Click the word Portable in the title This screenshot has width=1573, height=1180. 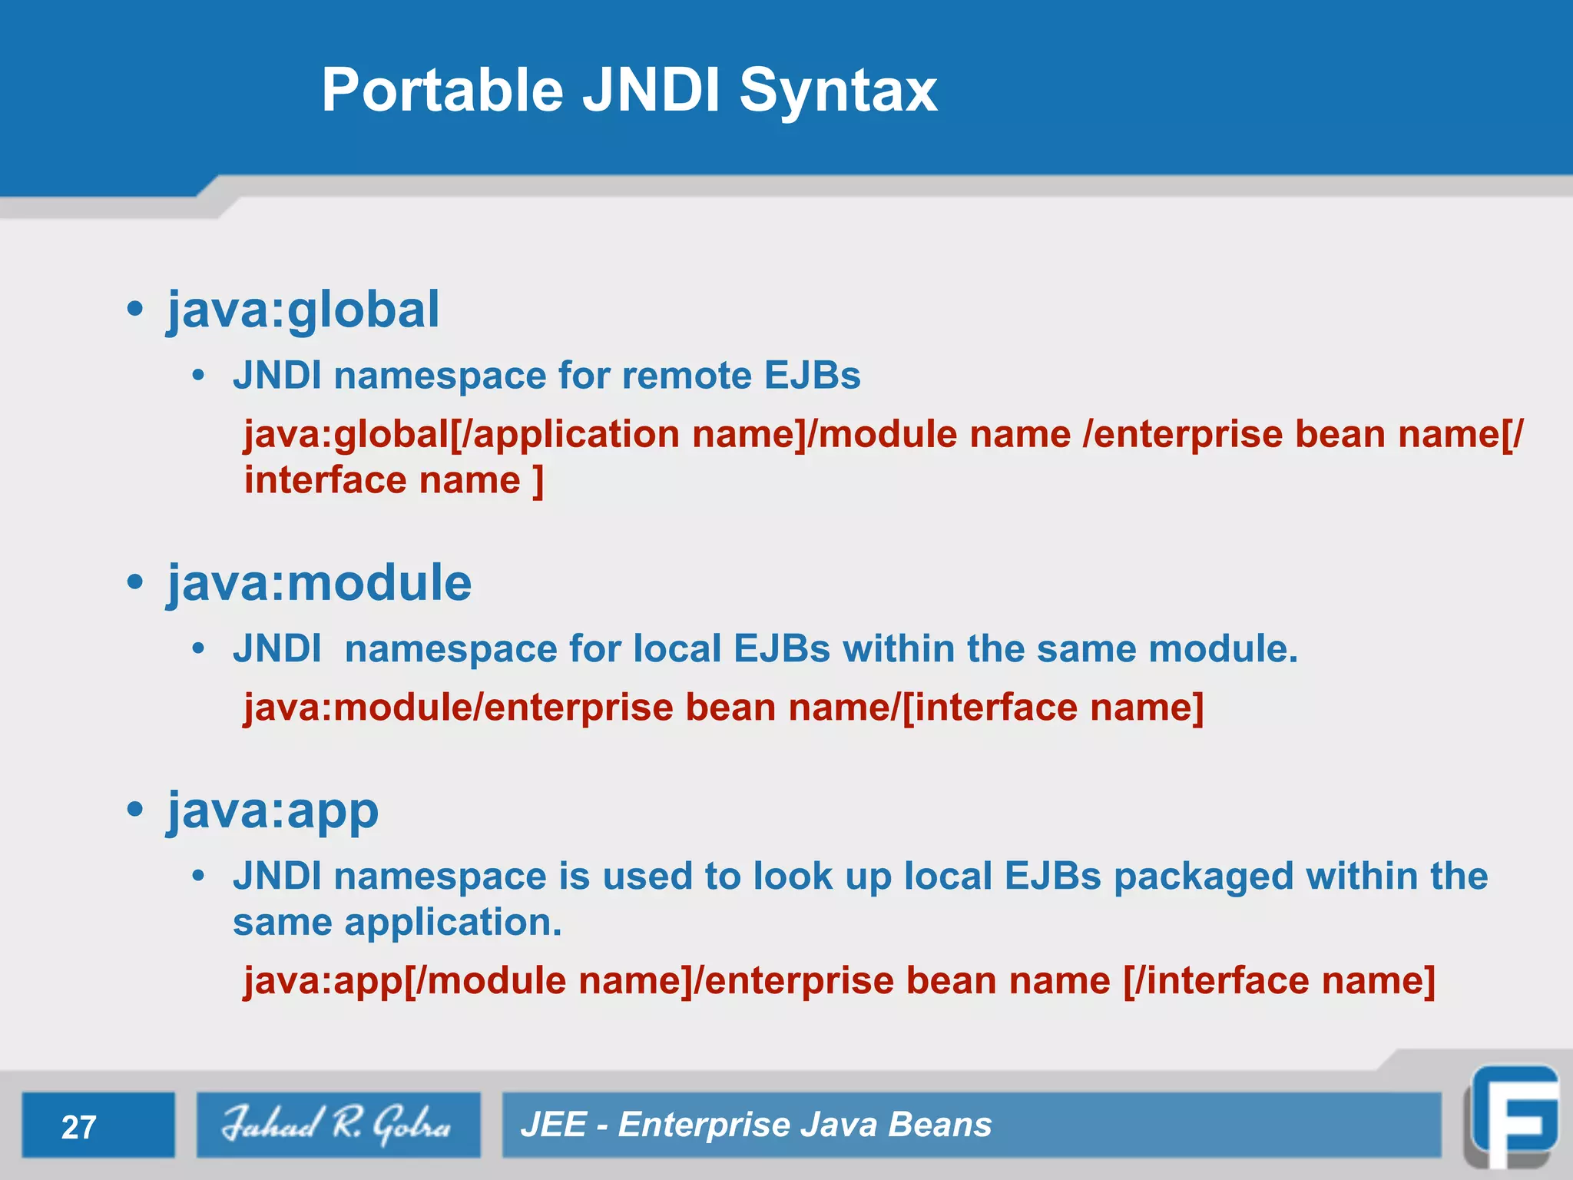(x=442, y=91)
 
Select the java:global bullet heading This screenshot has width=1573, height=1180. (x=303, y=310)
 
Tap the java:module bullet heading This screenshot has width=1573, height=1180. (x=320, y=583)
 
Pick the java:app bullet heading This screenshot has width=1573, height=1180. (x=273, y=810)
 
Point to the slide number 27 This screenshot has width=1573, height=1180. (x=78, y=1127)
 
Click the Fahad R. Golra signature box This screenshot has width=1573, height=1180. (x=338, y=1125)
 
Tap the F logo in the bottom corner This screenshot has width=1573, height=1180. (x=1512, y=1119)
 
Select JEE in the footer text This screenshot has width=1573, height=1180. (x=553, y=1125)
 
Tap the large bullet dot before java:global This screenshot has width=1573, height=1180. (x=135, y=310)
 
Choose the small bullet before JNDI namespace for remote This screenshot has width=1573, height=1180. (x=199, y=376)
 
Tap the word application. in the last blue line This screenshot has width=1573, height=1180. (x=453, y=922)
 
